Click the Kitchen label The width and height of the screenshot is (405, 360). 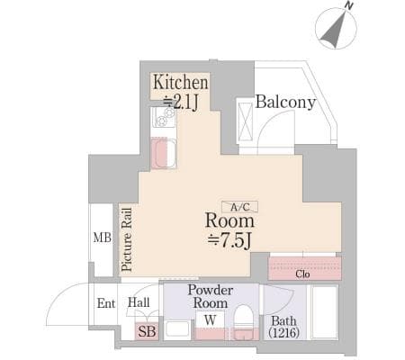pos(181,82)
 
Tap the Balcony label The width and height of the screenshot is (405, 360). pos(285,102)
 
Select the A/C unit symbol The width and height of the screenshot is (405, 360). pos(239,206)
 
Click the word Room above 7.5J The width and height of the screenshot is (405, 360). pos(229,220)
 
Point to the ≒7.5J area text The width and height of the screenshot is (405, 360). pos(229,240)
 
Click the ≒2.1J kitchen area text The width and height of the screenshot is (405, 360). pos(181,103)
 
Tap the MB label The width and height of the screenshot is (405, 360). pos(103,238)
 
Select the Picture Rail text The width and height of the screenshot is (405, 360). pos(127,239)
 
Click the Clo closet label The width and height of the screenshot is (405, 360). pos(302,274)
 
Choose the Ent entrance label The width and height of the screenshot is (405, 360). pos(106,303)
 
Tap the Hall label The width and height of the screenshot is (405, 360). pos(139,302)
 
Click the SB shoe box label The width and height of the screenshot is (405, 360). pos(147,331)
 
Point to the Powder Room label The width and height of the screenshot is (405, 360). pos(211,296)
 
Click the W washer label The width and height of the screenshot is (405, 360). pos(211,320)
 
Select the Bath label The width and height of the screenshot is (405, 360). pos(283,321)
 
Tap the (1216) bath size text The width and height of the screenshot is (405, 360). pos(283,333)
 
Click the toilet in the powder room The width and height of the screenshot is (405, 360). pos(244,322)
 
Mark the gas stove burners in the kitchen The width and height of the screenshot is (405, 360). pos(164,117)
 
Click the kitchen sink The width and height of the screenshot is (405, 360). pos(164,154)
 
